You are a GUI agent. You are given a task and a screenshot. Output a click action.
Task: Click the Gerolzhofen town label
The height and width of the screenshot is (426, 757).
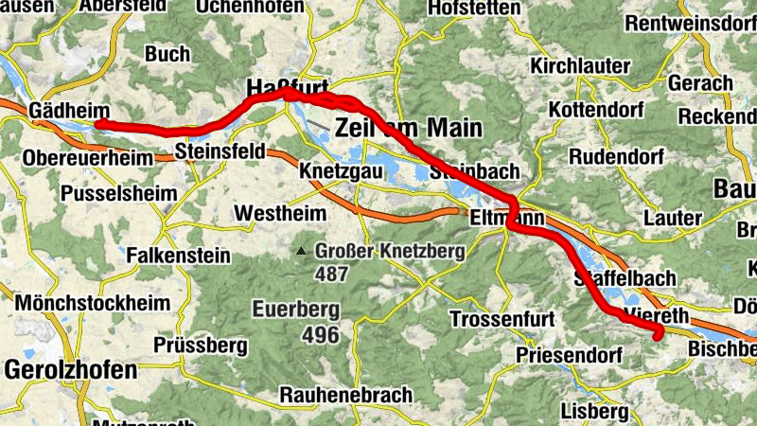tap(71, 370)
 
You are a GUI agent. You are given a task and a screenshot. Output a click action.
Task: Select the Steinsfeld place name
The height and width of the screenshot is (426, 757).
tap(220, 151)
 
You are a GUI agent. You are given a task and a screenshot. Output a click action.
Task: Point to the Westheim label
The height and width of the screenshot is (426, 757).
tap(275, 212)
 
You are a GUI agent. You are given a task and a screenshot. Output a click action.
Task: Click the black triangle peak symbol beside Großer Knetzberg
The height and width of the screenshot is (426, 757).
tap(301, 252)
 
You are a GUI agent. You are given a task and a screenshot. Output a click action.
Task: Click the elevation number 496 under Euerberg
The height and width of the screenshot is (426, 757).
tap(321, 334)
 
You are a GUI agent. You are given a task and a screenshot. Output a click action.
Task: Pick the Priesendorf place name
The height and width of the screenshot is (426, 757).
tap(569, 355)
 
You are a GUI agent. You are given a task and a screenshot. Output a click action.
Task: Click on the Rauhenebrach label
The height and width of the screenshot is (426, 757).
tap(346, 394)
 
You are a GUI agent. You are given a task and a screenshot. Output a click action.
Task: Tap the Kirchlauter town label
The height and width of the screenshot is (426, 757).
tap(580, 66)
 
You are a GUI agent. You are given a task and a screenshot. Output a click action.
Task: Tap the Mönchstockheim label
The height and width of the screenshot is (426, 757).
tap(93, 304)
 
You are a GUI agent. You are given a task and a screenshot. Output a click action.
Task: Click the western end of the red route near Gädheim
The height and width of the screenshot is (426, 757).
tap(99, 124)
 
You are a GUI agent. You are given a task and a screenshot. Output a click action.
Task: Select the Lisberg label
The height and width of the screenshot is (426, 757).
tap(594, 412)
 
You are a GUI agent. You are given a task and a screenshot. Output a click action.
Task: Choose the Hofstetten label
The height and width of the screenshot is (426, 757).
tap(474, 9)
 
